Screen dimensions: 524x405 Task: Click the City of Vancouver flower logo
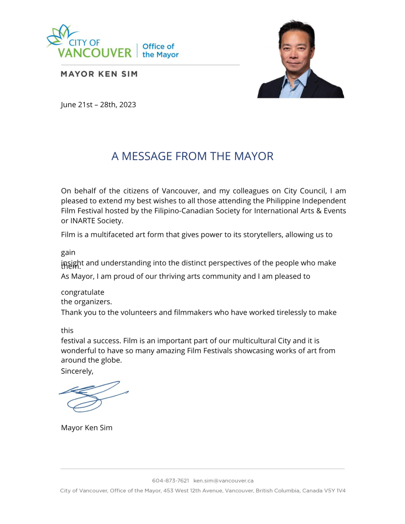pos(61,35)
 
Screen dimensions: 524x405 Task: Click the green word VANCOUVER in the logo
pos(94,53)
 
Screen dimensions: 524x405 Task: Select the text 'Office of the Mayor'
pos(160,51)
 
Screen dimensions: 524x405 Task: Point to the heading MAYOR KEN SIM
pos(99,74)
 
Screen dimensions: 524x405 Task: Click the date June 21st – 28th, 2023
pos(98,105)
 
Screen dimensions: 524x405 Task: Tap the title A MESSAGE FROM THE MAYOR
pos(192,156)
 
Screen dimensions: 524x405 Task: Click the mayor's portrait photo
pos(300,59)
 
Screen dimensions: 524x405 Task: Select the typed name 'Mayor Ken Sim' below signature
pos(87,428)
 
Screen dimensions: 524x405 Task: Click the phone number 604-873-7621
pos(170,480)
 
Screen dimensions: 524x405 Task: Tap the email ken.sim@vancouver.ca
pos(223,480)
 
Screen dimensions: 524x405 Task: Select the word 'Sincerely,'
pos(77,371)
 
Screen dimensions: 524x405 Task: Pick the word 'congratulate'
pos(83,292)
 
